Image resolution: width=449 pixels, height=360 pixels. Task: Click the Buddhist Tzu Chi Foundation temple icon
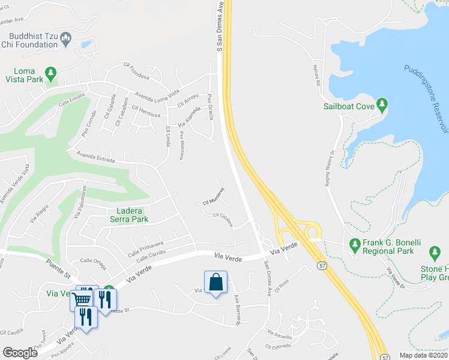coord(66,40)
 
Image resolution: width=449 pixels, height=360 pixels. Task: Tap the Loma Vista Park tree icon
coord(51,72)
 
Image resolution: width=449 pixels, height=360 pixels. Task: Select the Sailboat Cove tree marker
coord(382,106)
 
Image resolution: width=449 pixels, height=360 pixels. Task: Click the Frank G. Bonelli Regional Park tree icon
coord(354,245)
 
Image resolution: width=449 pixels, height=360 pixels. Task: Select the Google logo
coord(20,353)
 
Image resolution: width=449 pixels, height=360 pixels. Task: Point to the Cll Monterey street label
coord(212,202)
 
